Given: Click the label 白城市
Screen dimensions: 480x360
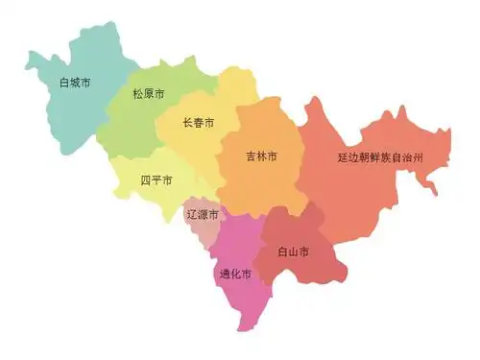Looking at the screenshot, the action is click(74, 84).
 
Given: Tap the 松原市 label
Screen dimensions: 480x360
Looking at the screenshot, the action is click(149, 95).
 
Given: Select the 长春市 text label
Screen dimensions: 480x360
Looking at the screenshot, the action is click(198, 124).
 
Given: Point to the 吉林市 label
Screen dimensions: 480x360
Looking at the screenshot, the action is click(261, 156).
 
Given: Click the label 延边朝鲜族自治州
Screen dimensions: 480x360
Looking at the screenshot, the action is click(381, 156).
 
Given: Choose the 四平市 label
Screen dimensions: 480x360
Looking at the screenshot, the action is click(156, 180).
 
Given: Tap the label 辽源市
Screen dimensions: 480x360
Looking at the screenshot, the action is click(202, 214).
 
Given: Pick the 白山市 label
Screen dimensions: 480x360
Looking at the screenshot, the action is click(294, 252).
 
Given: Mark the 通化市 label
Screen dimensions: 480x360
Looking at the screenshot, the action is click(235, 275).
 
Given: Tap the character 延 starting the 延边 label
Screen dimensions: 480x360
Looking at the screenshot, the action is click(343, 156).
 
